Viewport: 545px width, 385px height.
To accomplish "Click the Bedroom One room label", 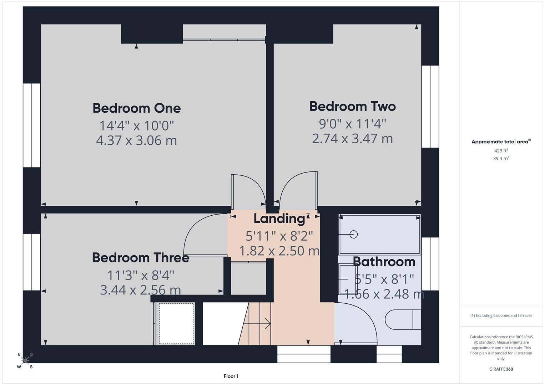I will tap(137, 108).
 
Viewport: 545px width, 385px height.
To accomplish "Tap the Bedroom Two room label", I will tap(352, 106).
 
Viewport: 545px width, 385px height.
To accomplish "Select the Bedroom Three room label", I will tap(141, 257).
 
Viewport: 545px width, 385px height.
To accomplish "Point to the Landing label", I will tap(279, 219).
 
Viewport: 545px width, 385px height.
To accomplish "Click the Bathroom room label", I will tap(384, 262).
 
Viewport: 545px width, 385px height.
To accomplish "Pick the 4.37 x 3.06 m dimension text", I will tap(136, 140).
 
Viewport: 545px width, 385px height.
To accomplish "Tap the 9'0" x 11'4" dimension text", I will tap(352, 124).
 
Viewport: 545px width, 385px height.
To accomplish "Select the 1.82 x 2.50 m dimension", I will tap(279, 251).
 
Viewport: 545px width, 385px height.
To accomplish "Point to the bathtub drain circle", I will tap(354, 234).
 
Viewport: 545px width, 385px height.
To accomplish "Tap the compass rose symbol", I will tap(25, 360).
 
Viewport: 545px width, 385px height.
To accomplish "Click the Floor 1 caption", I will tap(231, 376).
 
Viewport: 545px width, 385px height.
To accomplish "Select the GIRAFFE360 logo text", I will tap(501, 369).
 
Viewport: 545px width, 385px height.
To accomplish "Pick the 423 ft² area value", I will tap(501, 150).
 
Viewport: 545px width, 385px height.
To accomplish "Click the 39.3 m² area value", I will tap(501, 158).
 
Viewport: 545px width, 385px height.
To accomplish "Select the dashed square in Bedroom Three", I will tap(177, 323).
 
